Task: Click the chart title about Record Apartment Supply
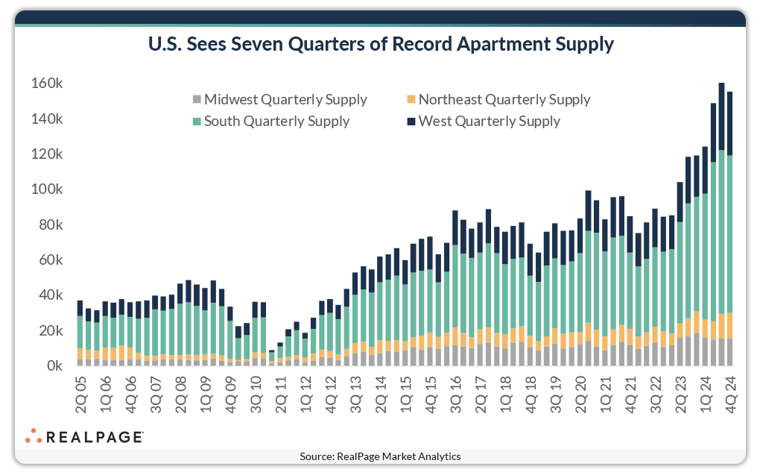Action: point(380,45)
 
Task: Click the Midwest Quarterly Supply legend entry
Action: point(279,99)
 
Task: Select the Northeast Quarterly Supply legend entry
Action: point(498,99)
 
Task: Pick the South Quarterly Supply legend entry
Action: point(270,121)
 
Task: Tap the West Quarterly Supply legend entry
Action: point(483,121)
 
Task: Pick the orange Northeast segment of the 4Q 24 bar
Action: point(730,325)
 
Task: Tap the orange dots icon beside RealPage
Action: point(34,435)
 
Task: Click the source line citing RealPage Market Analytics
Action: point(380,456)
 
